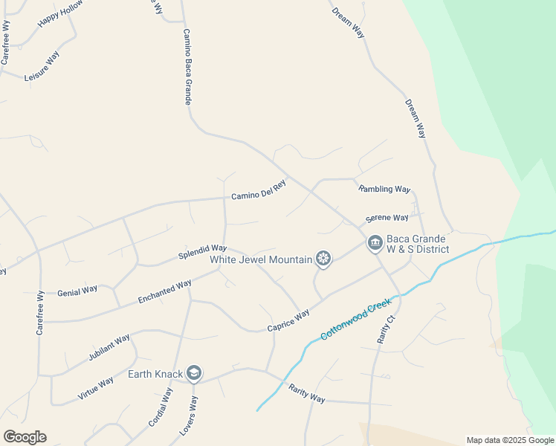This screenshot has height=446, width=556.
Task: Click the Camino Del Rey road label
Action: tap(258, 191)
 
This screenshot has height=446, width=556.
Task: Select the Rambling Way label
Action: tap(384, 189)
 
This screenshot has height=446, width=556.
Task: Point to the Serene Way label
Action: tap(387, 218)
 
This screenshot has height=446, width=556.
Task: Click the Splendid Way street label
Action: tap(202, 252)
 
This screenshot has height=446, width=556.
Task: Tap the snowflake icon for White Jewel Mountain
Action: tap(323, 259)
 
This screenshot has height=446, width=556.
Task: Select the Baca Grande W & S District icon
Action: tap(374, 243)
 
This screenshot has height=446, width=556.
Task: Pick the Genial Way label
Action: tap(77, 290)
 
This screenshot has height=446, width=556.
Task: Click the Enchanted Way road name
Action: tap(164, 291)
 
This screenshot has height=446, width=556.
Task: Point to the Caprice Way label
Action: tap(288, 321)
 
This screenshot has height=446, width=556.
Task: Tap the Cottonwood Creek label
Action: tap(355, 320)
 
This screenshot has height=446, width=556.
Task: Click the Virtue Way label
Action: tap(95, 388)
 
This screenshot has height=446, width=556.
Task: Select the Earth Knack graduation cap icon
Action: tap(194, 372)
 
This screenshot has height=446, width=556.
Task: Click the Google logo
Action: tap(24, 436)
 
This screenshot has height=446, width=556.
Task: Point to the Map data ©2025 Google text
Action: tap(510, 440)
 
